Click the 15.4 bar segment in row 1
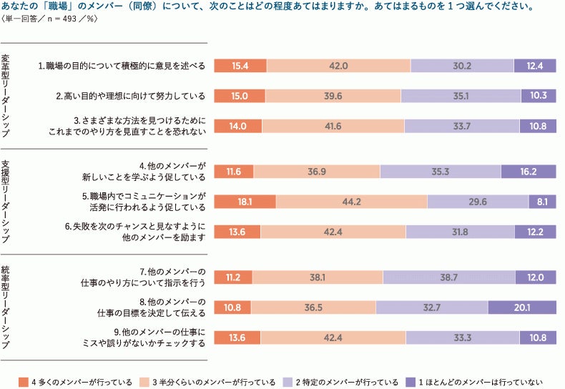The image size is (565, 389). (240, 66)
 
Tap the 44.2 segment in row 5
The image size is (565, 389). (351, 202)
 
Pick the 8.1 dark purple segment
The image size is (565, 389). (541, 202)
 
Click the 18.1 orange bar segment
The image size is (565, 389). (245, 202)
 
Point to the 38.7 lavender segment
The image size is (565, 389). (448, 277)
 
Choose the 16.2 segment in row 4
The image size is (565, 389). (528, 172)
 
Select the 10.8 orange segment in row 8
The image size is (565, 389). (232, 307)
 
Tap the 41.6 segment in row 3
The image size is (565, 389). (333, 126)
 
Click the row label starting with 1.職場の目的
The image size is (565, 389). (122, 66)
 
